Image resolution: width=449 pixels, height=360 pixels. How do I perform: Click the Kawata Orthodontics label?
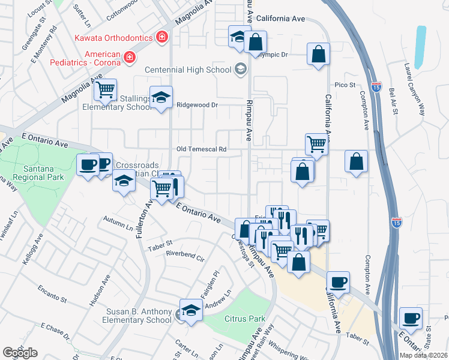[113, 38]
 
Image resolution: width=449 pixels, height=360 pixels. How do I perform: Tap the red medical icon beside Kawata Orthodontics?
[161, 38]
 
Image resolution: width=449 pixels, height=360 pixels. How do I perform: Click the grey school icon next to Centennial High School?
[240, 70]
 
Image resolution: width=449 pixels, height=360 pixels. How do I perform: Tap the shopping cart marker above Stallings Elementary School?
[105, 90]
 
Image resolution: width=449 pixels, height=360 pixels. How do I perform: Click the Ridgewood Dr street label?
[196, 104]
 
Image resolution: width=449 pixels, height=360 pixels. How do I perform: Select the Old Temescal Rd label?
[202, 149]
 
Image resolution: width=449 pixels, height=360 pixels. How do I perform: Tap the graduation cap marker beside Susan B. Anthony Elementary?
[191, 311]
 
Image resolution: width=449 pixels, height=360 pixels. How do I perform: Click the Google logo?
[19, 352]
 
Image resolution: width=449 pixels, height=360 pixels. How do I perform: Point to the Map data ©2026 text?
[423, 355]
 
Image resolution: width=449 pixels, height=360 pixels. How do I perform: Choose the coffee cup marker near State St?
[411, 318]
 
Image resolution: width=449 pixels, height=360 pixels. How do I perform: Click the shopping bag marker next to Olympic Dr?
[255, 42]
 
